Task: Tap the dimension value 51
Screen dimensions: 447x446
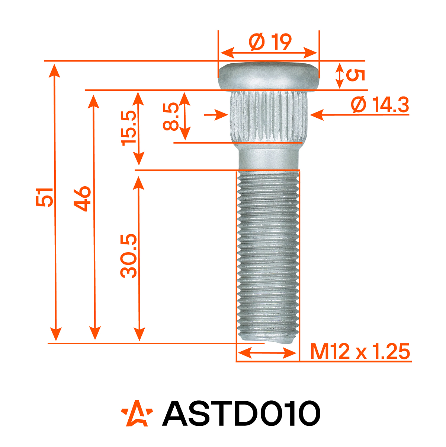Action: click(x=45, y=197)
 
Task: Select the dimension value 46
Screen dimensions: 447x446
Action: click(x=82, y=199)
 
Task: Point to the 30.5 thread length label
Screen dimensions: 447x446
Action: click(x=129, y=256)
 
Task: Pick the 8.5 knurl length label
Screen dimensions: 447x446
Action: click(x=171, y=117)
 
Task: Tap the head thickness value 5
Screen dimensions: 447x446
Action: click(x=355, y=75)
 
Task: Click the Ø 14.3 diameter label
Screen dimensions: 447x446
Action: click(x=380, y=105)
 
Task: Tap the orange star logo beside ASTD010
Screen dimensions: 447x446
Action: click(x=137, y=413)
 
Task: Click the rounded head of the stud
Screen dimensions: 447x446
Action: click(x=268, y=76)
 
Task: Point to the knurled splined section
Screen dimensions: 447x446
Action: click(x=268, y=115)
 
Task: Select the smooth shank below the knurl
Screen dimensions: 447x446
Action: click(x=268, y=156)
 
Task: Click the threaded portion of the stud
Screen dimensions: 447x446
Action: click(x=268, y=253)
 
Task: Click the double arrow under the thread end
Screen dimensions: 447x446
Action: click(x=267, y=352)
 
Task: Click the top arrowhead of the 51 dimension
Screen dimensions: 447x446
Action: click(x=55, y=69)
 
